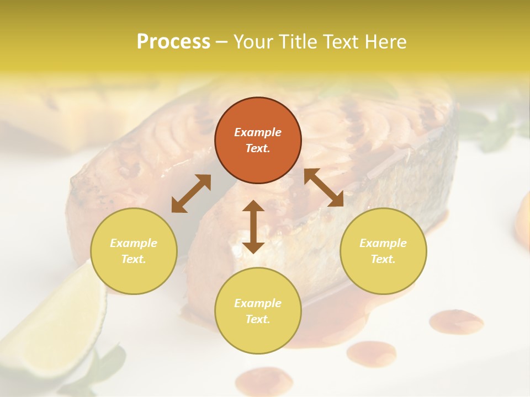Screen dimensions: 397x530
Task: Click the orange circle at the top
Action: click(x=258, y=141)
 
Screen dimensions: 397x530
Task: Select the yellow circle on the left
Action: click(x=134, y=251)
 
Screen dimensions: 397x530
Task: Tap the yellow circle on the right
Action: click(x=383, y=251)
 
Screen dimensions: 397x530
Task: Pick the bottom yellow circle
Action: click(x=258, y=311)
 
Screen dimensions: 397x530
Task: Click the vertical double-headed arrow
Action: click(x=253, y=227)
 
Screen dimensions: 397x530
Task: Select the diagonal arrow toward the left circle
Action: click(x=191, y=194)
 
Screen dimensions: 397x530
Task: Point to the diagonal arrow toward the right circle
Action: click(x=324, y=187)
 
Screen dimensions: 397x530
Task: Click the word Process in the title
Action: click(x=173, y=41)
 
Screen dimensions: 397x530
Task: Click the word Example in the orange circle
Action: click(x=258, y=132)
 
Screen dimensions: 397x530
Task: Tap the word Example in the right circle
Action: click(x=383, y=243)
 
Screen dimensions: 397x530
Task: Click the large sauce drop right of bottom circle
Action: click(x=456, y=321)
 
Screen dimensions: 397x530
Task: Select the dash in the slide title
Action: click(x=222, y=41)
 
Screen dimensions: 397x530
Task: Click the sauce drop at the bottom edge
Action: click(x=264, y=382)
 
